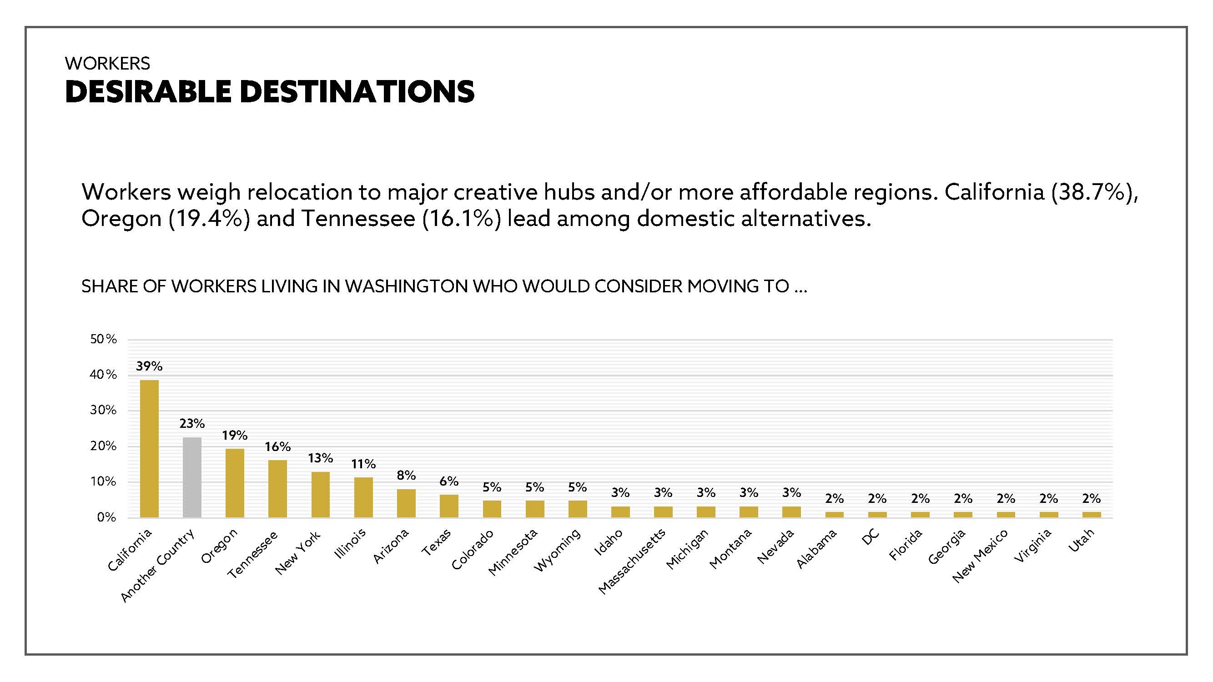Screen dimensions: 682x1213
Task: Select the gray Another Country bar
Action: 192,477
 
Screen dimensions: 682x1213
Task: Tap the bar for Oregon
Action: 235,483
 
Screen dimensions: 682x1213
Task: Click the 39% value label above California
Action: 149,366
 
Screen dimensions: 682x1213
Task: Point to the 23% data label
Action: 192,424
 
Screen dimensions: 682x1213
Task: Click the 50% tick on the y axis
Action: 104,339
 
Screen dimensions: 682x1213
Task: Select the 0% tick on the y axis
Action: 106,518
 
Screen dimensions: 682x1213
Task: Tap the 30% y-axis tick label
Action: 104,410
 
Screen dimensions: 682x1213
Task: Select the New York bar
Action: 321,494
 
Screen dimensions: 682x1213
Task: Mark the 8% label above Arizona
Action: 406,476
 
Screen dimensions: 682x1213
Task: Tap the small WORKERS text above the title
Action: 108,63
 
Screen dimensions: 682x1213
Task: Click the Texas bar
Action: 449,506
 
